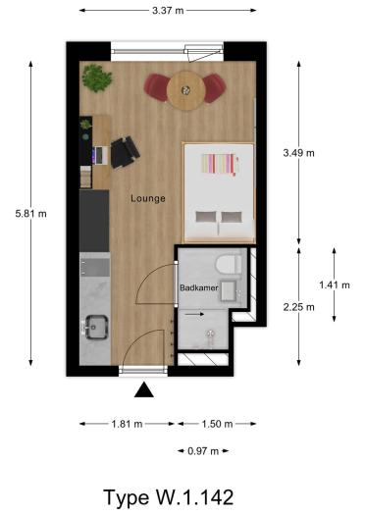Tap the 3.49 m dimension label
pyautogui.click(x=299, y=153)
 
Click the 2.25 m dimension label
pyautogui.click(x=299, y=306)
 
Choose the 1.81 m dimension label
pyautogui.click(x=126, y=424)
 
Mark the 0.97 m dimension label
pyautogui.click(x=204, y=451)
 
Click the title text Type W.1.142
pyautogui.click(x=170, y=494)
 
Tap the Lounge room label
pyautogui.click(x=148, y=198)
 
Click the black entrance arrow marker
pyautogui.click(x=144, y=390)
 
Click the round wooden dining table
pyautogui.click(x=184, y=90)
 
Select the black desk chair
pyautogui.click(x=125, y=152)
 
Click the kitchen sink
pyautogui.click(x=97, y=326)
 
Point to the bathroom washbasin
pyautogui.click(x=229, y=289)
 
